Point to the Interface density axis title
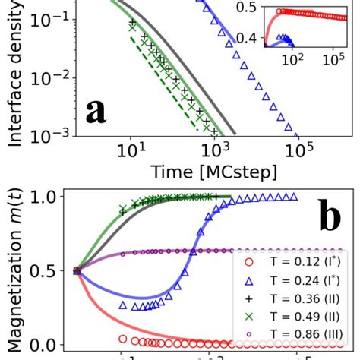click(14, 72)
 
